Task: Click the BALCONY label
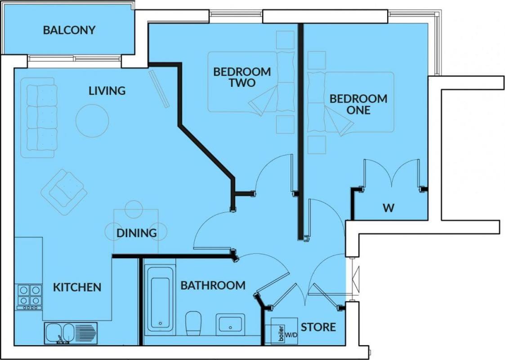(x=69, y=30)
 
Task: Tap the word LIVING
(x=107, y=91)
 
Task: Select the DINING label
(x=137, y=233)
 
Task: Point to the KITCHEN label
(x=77, y=287)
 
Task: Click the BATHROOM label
(x=213, y=285)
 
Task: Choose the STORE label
(x=318, y=327)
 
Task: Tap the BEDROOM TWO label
(x=242, y=77)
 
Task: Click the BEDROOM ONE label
(x=358, y=104)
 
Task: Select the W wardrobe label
(x=389, y=208)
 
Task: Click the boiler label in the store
(x=281, y=334)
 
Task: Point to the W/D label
(x=291, y=335)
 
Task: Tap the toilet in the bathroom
(x=193, y=324)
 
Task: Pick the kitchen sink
(x=71, y=333)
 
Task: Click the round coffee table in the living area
(x=92, y=121)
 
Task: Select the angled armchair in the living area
(x=64, y=192)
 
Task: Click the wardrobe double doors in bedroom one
(x=392, y=174)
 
